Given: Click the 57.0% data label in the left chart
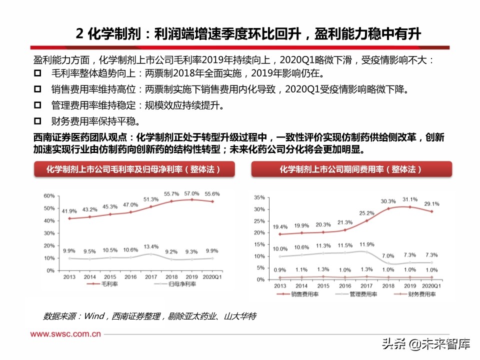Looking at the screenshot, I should tap(191, 193).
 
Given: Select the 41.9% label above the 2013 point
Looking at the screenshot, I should tap(69, 211).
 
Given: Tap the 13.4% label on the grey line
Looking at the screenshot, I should tap(151, 246).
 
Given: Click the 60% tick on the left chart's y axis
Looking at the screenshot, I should tap(48, 195).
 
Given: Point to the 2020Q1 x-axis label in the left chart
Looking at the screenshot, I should tap(212, 276).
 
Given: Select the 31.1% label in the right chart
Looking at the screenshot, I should tap(409, 199).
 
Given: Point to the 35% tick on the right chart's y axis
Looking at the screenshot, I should tap(259, 197).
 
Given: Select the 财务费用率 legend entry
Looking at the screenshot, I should tap(420, 294).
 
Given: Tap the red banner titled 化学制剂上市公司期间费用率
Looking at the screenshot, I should tap(351, 169).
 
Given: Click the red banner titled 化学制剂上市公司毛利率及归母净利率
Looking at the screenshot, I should tap(133, 169).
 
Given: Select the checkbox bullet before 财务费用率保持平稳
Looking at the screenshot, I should tap(37, 121).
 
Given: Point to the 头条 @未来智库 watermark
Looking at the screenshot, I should tap(426, 344).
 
